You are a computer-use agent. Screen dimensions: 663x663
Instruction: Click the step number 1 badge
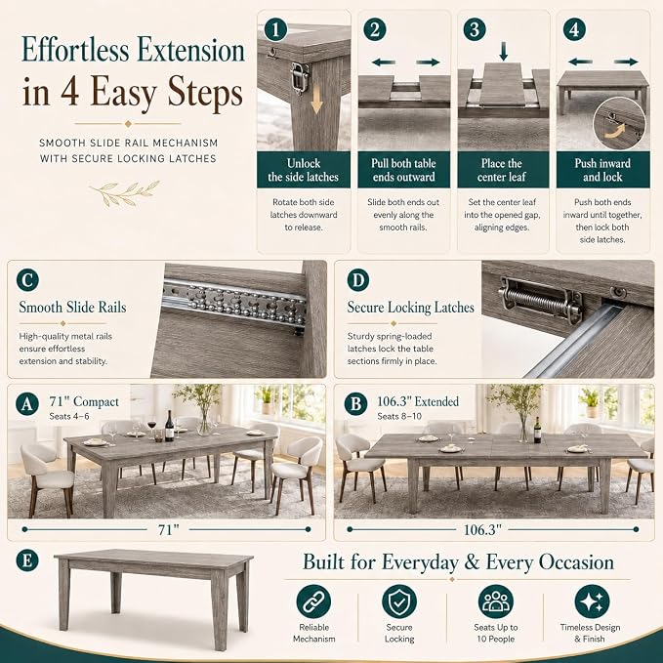[275, 30]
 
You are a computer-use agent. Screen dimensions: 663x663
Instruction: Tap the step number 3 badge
[475, 29]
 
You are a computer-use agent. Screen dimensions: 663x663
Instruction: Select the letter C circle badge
[27, 280]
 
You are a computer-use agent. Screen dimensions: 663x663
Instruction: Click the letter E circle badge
[27, 560]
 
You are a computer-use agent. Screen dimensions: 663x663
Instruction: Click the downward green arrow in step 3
[503, 51]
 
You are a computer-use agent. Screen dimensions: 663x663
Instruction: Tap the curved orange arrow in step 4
[616, 130]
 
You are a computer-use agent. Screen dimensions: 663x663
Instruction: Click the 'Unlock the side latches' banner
[304, 170]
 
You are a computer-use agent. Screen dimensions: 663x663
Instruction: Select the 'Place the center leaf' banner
[503, 170]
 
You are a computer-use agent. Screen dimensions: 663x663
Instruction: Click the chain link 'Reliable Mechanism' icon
[313, 601]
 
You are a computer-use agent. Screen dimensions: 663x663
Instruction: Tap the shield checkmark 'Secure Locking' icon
[399, 601]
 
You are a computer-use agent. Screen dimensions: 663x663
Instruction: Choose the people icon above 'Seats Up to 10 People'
[496, 601]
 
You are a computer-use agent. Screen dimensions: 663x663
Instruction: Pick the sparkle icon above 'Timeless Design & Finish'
[592, 601]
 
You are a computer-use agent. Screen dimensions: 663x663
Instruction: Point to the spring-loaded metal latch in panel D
[540, 300]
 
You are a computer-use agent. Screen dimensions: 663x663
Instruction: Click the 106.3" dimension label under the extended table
[482, 529]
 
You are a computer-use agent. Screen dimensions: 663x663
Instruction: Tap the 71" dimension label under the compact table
[169, 529]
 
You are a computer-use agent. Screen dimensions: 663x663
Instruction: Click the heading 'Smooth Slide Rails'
[72, 308]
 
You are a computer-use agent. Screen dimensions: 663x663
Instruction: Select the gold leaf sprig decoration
[125, 193]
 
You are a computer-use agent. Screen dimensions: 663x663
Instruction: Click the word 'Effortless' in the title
[75, 51]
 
